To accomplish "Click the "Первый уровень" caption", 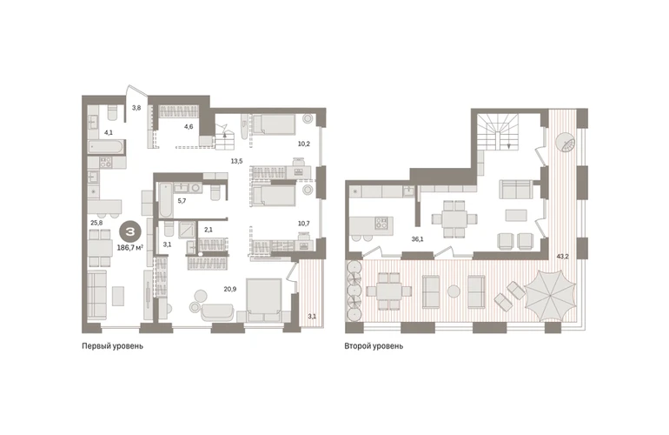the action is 112,345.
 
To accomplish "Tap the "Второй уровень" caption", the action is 374,345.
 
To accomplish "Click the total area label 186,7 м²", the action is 129,247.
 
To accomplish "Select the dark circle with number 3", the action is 129,232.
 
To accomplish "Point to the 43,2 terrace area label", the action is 562,257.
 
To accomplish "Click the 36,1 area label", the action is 417,239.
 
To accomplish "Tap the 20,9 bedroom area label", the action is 230,289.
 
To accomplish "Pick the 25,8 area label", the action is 96,222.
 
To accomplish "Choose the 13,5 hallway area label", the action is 237,161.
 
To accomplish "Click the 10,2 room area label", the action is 304,144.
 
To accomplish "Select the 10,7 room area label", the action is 304,224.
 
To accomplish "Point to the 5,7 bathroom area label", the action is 182,200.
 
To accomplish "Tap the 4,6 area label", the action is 189,126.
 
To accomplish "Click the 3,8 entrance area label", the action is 136,108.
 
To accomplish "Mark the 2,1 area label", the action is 209,230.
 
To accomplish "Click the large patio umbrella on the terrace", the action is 550,296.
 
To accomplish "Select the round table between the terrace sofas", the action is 454,291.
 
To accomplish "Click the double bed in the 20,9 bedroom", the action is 263,300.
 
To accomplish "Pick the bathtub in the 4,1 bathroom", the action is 106,148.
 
